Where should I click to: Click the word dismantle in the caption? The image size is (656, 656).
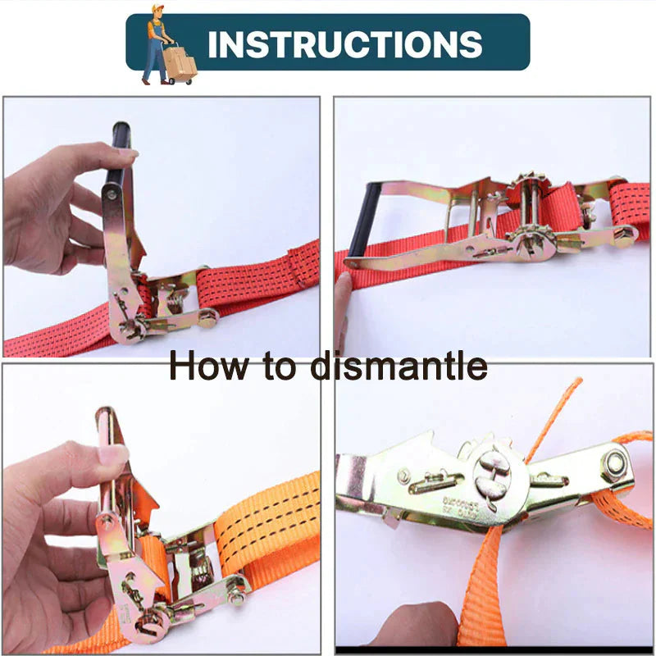(399, 366)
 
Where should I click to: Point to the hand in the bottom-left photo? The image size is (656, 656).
(57, 533)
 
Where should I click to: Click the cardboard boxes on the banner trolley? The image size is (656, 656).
(180, 61)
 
